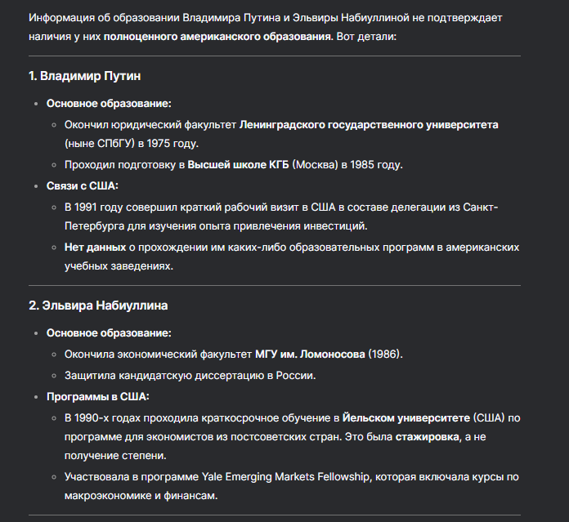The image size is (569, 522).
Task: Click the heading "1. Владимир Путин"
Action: [x=84, y=76]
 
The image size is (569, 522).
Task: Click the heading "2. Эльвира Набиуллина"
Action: [x=99, y=306]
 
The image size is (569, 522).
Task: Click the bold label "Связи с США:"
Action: [x=83, y=185]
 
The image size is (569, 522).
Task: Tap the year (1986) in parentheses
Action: [x=385, y=354]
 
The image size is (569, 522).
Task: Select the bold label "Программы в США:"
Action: [x=98, y=396]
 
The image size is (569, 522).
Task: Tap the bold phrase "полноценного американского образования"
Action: [x=217, y=38]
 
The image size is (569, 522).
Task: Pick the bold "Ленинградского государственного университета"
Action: [x=369, y=125]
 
